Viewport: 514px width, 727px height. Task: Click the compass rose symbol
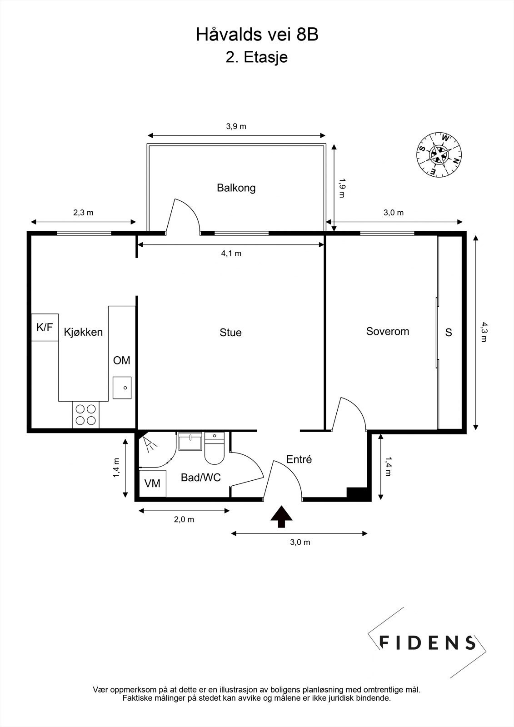[x=439, y=154]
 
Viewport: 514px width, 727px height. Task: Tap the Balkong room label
[x=236, y=188]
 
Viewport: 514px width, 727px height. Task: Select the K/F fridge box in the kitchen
[x=45, y=327]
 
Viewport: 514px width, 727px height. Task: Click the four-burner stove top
[x=86, y=414]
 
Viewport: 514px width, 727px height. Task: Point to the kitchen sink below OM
[x=122, y=388]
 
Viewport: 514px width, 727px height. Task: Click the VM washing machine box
[x=153, y=483]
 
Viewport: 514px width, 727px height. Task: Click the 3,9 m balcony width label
[x=236, y=126]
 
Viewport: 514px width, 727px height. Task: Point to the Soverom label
[x=387, y=331]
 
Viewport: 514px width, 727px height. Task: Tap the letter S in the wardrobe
[x=449, y=333]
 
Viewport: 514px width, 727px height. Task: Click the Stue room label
[x=230, y=333]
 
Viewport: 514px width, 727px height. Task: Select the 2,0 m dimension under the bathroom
[x=184, y=519]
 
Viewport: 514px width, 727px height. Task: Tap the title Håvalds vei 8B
[x=257, y=35]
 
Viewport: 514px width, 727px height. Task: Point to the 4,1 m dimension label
[x=231, y=254]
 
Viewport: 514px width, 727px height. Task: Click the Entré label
[x=299, y=459]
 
